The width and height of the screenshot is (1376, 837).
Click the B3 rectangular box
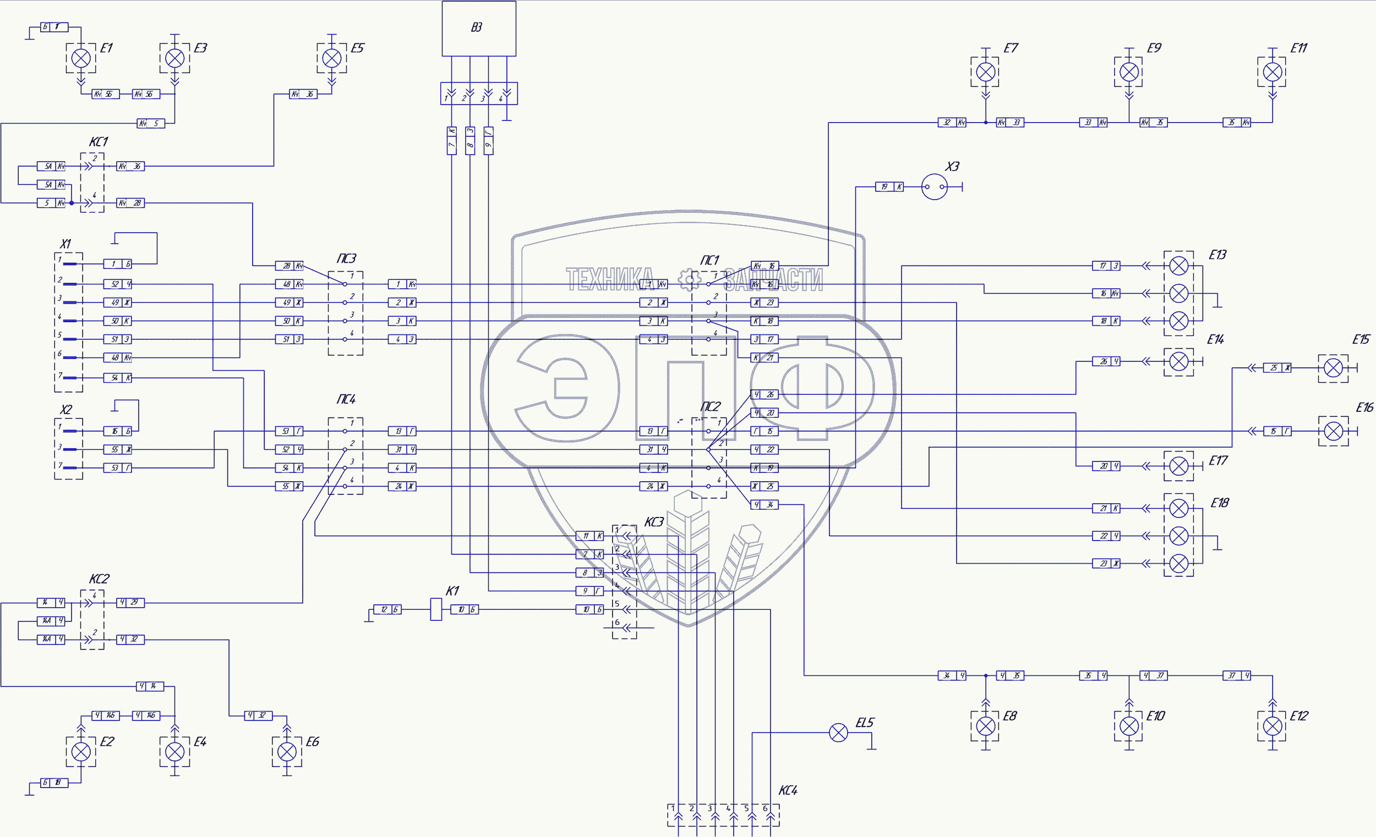(x=479, y=28)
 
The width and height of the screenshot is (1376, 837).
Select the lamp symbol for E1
(x=81, y=58)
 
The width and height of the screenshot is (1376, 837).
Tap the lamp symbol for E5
(x=332, y=58)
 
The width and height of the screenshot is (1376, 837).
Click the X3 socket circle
(x=934, y=187)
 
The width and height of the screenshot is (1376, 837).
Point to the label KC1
(x=99, y=142)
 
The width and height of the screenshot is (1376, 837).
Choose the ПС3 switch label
(x=346, y=258)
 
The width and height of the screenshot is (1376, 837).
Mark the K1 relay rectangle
(x=436, y=609)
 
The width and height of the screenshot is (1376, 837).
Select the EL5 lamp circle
(x=838, y=733)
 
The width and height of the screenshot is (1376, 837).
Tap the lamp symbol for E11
(x=1272, y=72)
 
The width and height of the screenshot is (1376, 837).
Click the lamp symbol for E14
(x=1178, y=362)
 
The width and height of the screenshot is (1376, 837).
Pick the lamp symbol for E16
(x=1333, y=431)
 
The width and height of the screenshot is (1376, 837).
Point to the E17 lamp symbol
(x=1178, y=466)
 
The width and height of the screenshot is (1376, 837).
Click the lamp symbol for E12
(x=1272, y=726)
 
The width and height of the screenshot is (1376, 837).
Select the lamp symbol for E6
(x=287, y=752)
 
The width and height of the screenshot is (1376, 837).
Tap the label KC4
(x=788, y=790)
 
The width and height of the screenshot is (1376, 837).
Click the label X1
(x=65, y=244)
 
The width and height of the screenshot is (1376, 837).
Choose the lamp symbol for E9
(x=1129, y=72)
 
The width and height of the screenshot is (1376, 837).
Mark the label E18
(x=1220, y=503)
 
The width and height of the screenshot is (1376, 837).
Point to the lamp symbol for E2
(x=81, y=752)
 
